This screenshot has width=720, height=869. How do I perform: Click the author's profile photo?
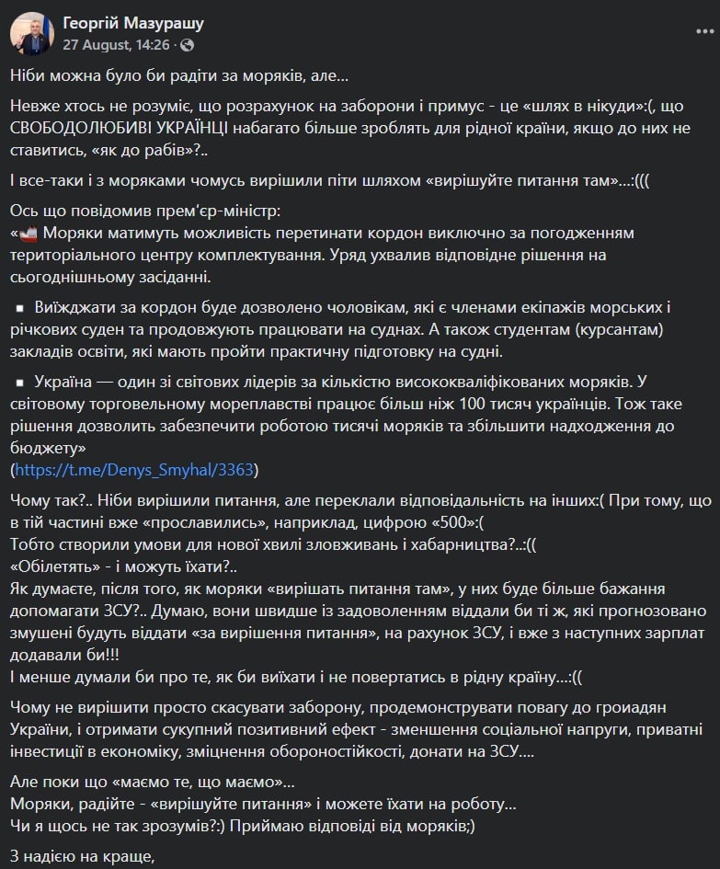click(x=31, y=33)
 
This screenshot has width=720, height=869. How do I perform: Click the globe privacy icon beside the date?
click(x=188, y=44)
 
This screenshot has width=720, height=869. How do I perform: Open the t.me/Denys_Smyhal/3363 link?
click(x=134, y=470)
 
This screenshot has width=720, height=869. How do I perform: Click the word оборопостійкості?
click(x=395, y=750)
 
